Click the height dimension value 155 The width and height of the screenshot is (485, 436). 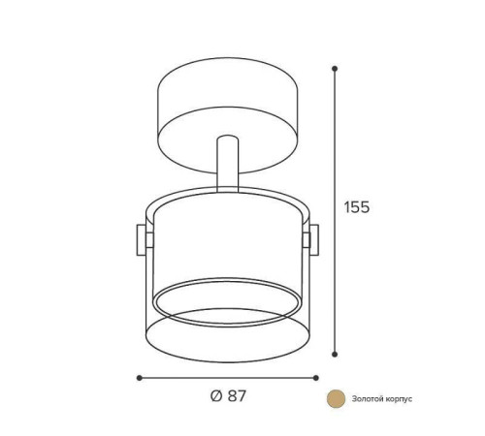[356, 207]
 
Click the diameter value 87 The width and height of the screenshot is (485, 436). [237, 395]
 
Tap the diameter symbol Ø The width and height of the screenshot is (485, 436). [216, 395]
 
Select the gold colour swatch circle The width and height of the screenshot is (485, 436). [336, 398]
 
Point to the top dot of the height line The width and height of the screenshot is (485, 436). [335, 69]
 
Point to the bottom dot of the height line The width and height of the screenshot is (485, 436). [335, 354]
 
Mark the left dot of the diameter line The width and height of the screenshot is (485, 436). [140, 378]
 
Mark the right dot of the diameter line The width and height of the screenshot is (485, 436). [316, 378]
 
